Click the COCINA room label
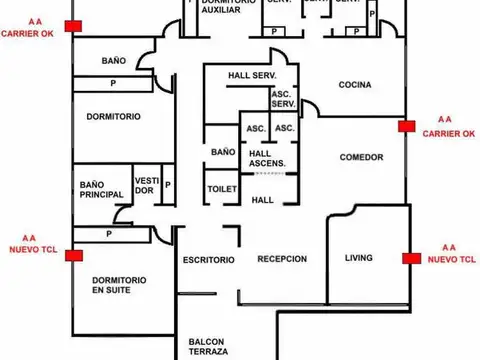pyautogui.click(x=354, y=84)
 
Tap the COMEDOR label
pyautogui.click(x=361, y=157)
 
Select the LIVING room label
pyautogui.click(x=358, y=258)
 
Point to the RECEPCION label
pyautogui.click(x=281, y=259)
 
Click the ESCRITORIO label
pyautogui.click(x=208, y=260)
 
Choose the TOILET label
pyautogui.click(x=221, y=189)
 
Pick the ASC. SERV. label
pyautogui.click(x=283, y=99)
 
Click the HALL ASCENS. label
pyautogui.click(x=267, y=158)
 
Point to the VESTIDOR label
pyautogui.click(x=145, y=186)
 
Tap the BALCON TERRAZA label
pyautogui.click(x=208, y=346)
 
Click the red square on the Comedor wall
pyautogui.click(x=405, y=126)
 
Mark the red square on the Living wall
pyautogui.click(x=410, y=258)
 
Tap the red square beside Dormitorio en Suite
pyautogui.click(x=74, y=256)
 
